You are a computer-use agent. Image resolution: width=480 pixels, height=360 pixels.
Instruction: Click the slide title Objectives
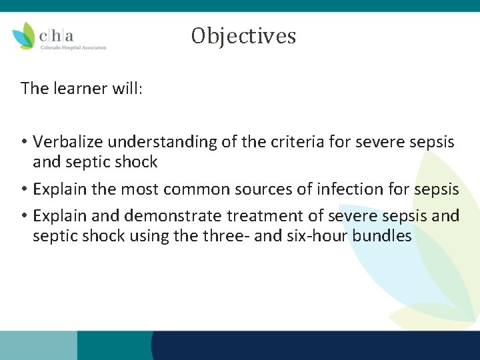[243, 35]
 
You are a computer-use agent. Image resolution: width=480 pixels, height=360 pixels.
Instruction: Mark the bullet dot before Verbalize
[24, 143]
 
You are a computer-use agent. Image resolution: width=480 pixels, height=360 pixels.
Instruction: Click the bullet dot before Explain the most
[24, 190]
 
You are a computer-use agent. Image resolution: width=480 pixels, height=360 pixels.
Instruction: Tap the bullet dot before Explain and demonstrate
[24, 217]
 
